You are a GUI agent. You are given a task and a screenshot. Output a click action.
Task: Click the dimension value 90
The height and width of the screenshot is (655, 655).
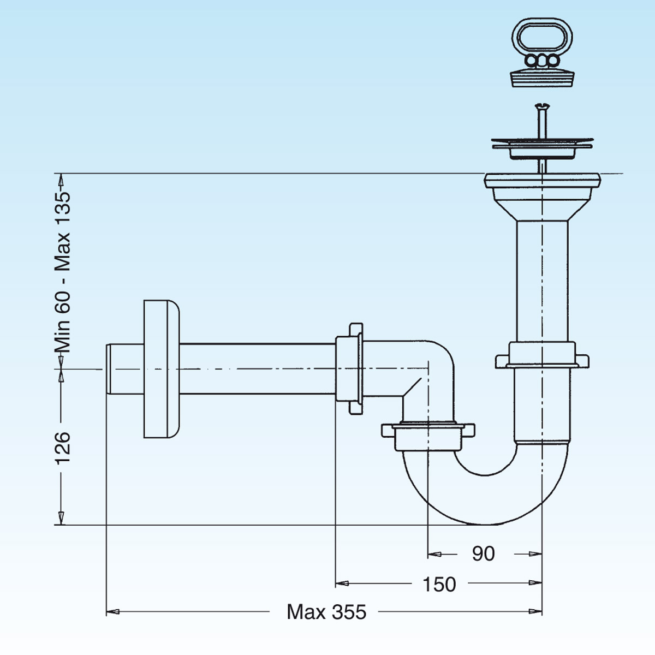[483, 553]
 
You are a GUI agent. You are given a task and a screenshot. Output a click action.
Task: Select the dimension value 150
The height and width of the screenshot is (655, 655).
[439, 584]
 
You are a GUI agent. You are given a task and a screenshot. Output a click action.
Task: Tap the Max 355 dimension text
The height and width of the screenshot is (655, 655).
[326, 612]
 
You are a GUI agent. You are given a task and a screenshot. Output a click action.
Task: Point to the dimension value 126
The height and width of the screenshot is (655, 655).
[62, 447]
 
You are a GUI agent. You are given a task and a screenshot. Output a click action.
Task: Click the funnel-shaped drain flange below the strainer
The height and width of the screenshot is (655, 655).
[543, 194]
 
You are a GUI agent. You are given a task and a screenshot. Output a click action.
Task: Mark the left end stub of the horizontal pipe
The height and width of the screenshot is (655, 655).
[123, 370]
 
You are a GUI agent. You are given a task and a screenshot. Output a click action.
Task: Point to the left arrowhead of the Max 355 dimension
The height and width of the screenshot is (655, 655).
[112, 612]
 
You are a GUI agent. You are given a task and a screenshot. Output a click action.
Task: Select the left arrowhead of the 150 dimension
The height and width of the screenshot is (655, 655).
[342, 583]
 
